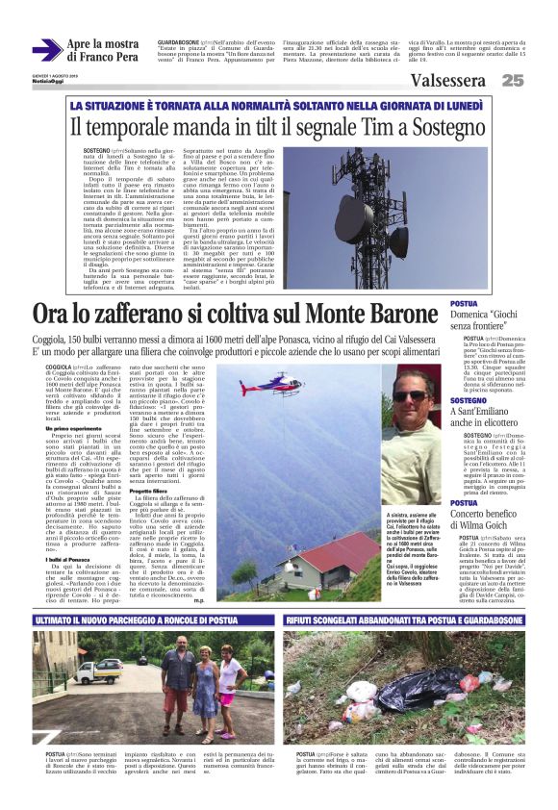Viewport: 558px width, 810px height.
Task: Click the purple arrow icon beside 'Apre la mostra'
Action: pos(46,50)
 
